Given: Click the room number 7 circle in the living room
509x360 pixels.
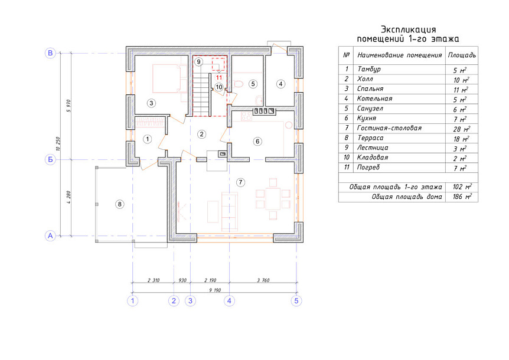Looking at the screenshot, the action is [240, 182].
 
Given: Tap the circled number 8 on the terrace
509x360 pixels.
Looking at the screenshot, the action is [120, 204].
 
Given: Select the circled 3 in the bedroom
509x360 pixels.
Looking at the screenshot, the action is [151, 103].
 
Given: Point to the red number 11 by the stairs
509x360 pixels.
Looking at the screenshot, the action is [219, 77].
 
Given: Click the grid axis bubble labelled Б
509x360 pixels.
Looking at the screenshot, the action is [50, 159].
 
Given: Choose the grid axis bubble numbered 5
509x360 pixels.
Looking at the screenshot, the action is [296, 300].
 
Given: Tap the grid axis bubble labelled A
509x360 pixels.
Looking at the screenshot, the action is [50, 235].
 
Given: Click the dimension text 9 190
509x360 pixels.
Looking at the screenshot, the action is [215, 290].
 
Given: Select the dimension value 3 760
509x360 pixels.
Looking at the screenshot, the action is [263, 280].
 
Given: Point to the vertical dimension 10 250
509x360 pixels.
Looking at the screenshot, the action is [58, 143].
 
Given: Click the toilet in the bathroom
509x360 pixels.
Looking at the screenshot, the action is [239, 84].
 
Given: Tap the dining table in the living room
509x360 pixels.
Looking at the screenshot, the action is [273, 199].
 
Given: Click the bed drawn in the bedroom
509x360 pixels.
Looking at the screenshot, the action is [165, 78].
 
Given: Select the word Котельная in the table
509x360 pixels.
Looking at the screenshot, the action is [374, 99].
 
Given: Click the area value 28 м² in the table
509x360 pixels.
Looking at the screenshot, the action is [461, 129].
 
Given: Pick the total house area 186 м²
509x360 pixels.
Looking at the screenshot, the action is [462, 197].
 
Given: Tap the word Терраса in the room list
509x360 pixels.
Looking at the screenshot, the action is [370, 138].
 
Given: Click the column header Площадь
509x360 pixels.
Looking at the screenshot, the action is [462, 55].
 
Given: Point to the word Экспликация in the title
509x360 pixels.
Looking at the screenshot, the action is [408, 30].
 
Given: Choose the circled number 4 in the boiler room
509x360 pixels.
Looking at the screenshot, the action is [280, 84].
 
